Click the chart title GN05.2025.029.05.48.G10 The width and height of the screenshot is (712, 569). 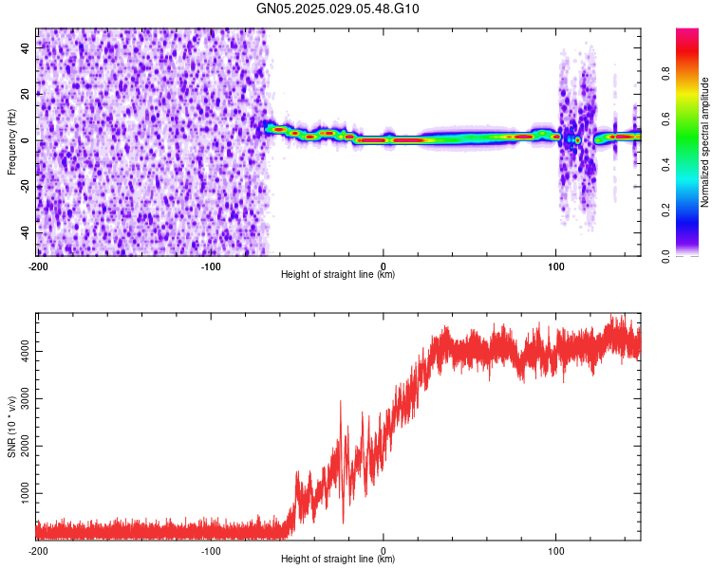[338, 9]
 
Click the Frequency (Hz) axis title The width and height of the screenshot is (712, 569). [11, 141]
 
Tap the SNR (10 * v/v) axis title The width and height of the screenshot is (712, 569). [11, 424]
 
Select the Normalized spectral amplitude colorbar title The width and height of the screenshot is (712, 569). [705, 142]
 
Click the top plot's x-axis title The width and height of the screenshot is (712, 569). [338, 274]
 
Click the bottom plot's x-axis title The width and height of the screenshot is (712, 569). [338, 559]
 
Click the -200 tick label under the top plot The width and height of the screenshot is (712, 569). [38, 266]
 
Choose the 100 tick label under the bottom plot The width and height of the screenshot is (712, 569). [556, 550]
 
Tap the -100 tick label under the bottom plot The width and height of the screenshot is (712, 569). [210, 550]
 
